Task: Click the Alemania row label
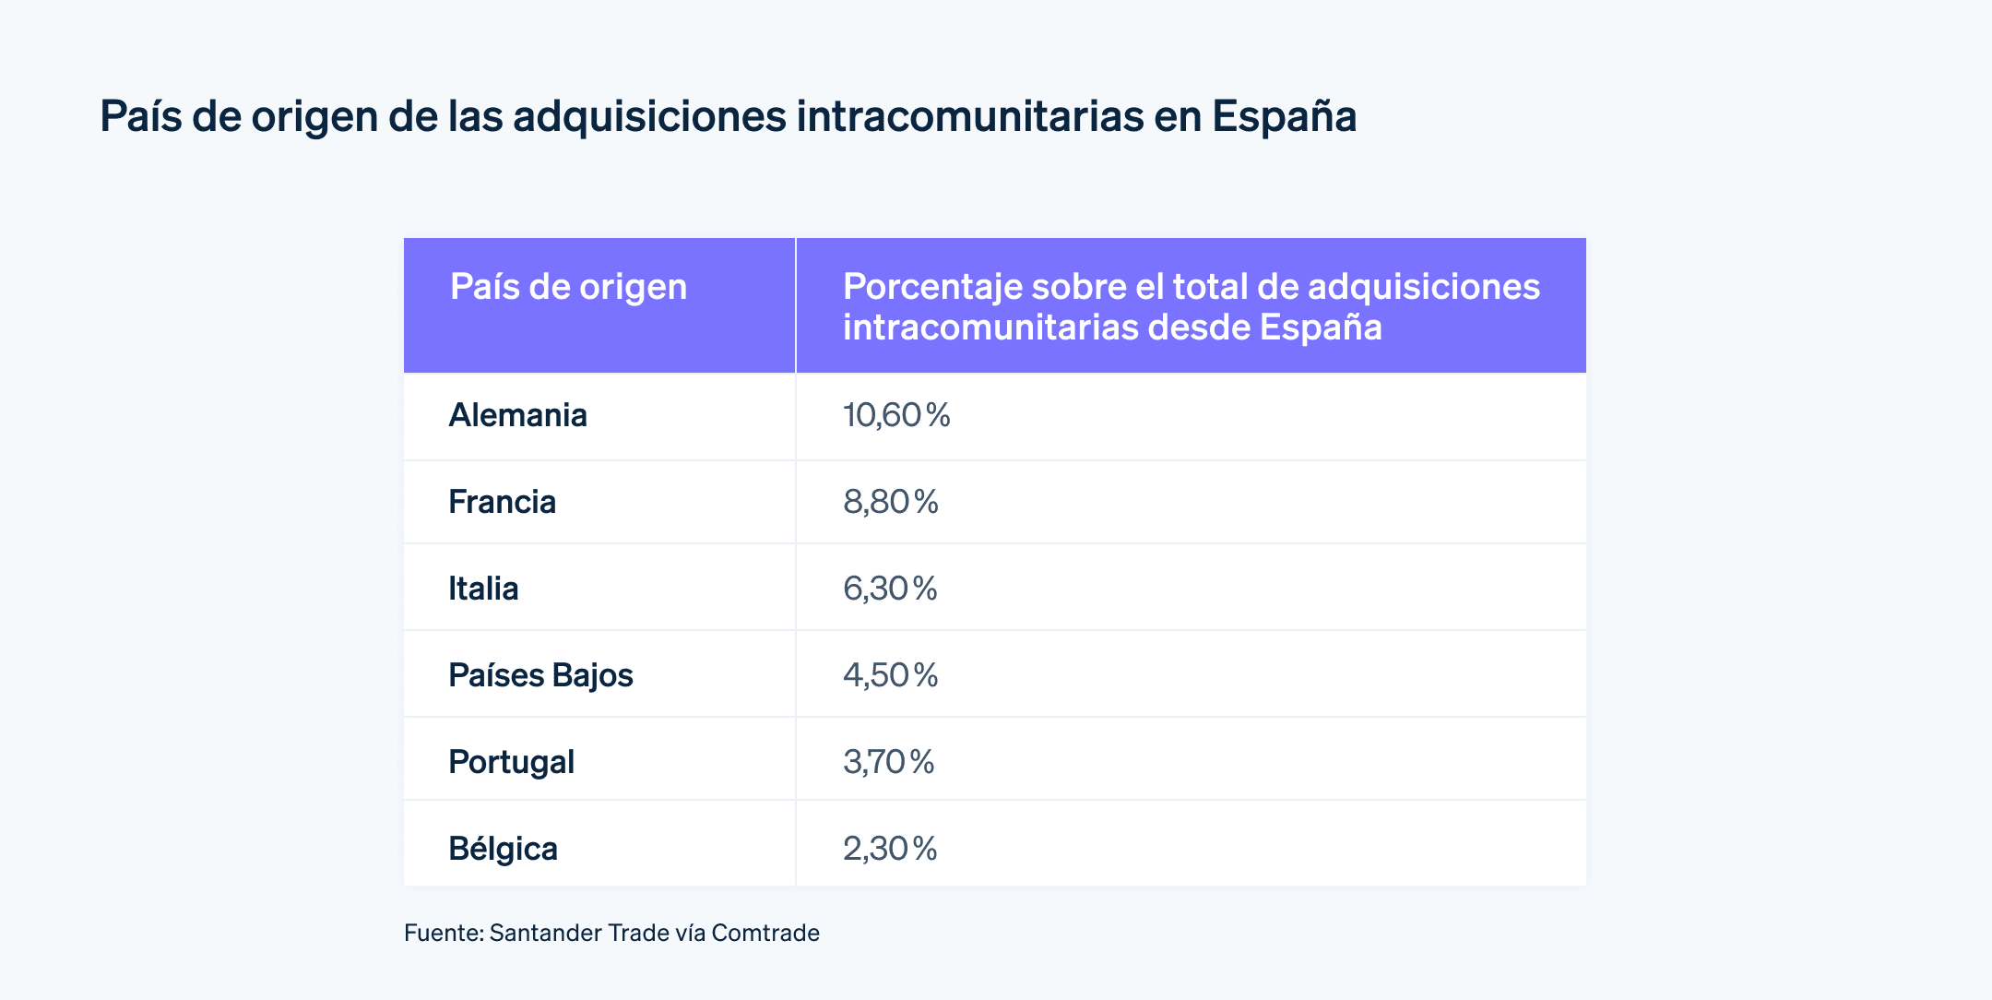517,415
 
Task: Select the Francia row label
502,502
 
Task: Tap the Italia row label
483,589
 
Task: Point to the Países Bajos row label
540,675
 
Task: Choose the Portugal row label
511,762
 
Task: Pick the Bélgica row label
503,849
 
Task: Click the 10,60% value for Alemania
896,415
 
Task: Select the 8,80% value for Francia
891,502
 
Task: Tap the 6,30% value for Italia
890,589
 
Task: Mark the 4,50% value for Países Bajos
890,675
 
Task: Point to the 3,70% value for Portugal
888,762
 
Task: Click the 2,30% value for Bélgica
890,849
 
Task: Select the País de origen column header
568,287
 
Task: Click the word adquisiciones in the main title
649,117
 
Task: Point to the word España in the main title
1284,117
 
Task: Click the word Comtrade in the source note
765,933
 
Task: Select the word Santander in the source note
545,933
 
